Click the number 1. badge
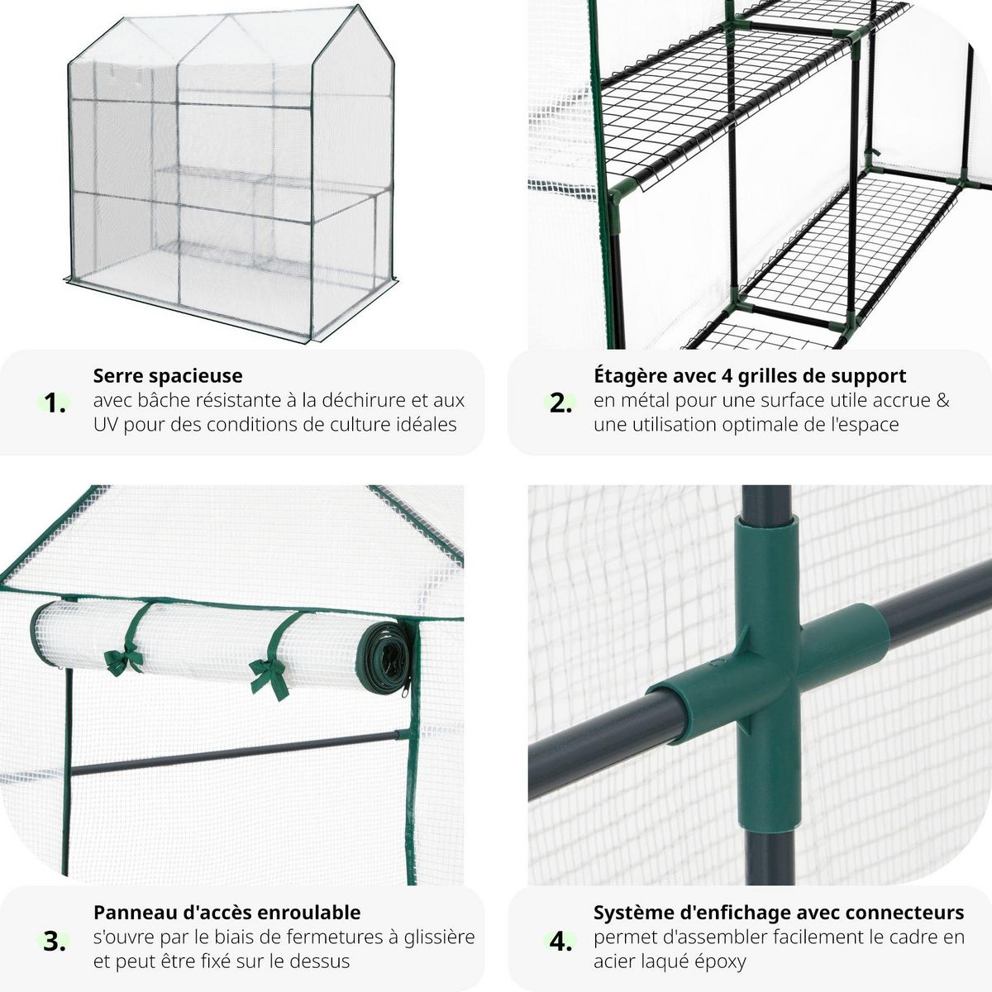tap(55, 403)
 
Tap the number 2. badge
tap(561, 403)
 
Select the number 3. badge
tap(55, 940)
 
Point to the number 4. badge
tap(561, 940)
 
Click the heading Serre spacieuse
tap(168, 375)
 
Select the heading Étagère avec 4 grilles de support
tap(749, 375)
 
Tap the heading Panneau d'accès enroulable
tap(227, 912)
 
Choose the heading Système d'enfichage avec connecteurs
tap(778, 912)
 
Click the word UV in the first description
tap(107, 425)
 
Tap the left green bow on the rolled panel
tap(123, 658)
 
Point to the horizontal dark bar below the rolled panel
tap(240, 752)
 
